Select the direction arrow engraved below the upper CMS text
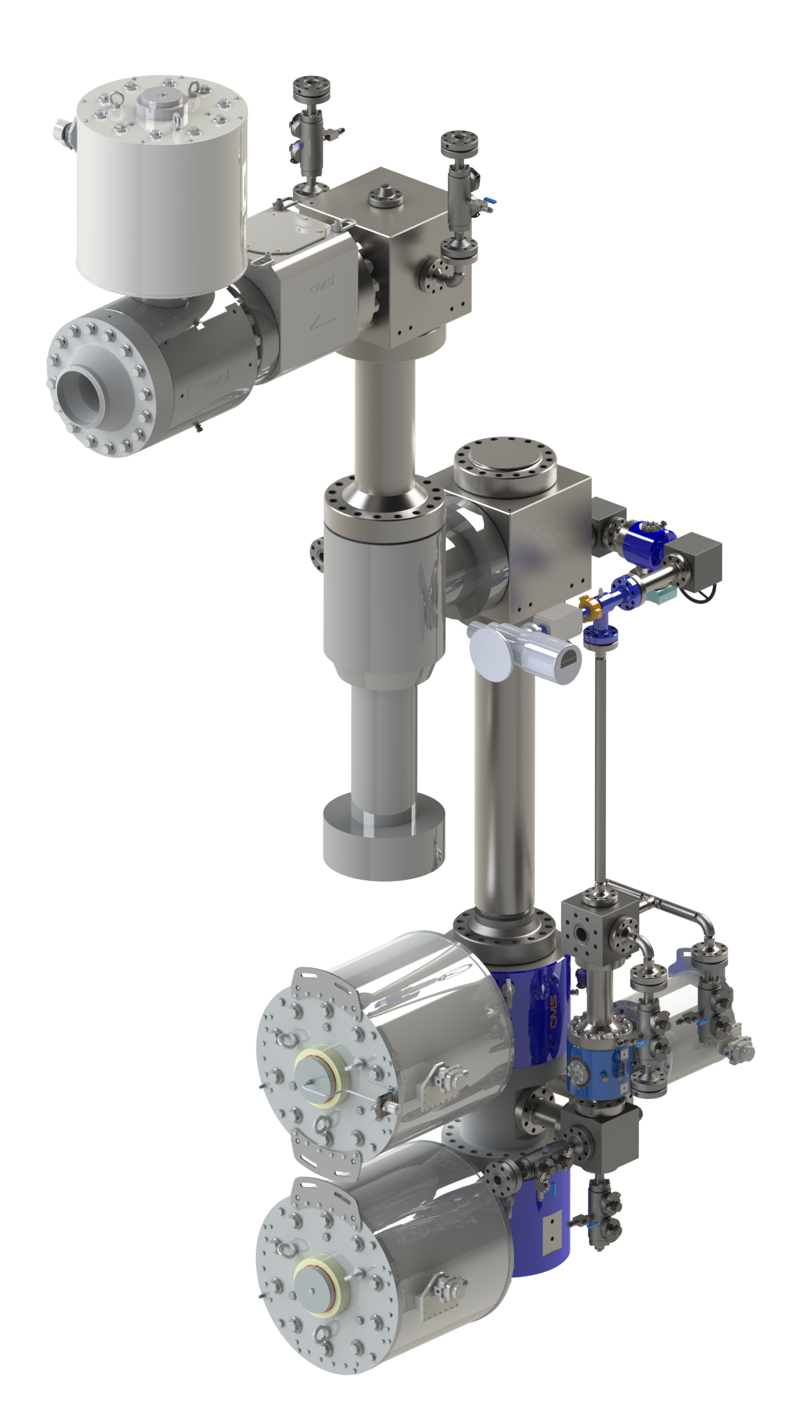tap(322, 320)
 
